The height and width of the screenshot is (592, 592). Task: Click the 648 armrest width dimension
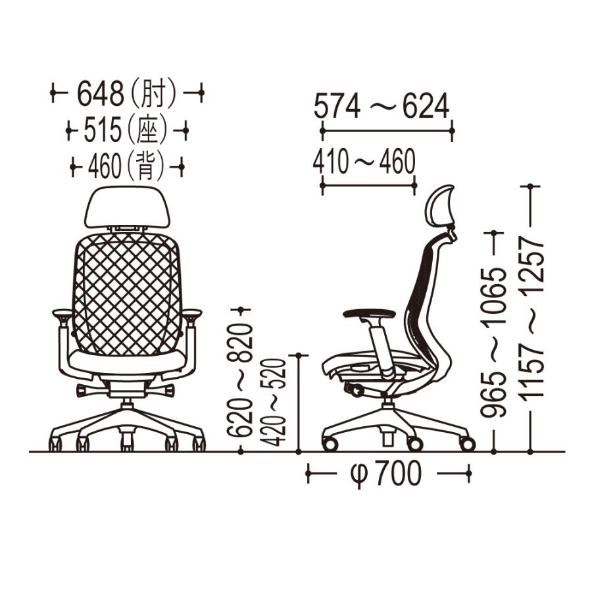click(x=101, y=93)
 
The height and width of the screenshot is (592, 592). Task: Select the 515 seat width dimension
click(x=103, y=130)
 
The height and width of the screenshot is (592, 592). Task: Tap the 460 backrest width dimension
click(x=105, y=167)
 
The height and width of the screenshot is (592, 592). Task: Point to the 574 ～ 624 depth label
click(x=382, y=106)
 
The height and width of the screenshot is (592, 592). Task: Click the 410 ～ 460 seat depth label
click(x=364, y=161)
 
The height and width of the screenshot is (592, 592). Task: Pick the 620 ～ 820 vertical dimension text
click(x=239, y=380)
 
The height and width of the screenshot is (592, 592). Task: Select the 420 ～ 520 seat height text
click(x=274, y=402)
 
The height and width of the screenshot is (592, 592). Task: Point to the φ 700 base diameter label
click(x=385, y=473)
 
